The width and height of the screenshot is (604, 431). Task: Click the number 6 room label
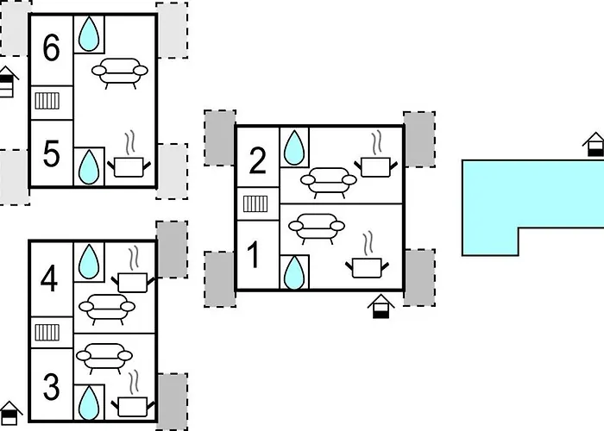[51, 47]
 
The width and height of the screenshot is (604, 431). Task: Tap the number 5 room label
[51, 154]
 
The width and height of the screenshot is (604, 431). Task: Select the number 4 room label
[49, 279]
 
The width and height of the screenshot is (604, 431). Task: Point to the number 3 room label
[51, 387]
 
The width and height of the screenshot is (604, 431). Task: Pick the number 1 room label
[253, 255]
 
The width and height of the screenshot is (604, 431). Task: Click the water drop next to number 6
[89, 34]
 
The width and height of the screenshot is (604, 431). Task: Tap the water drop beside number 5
[89, 167]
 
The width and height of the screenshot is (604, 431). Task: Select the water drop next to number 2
[294, 147]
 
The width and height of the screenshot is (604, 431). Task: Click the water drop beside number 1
[294, 272]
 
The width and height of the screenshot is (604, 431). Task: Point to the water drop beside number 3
[89, 403]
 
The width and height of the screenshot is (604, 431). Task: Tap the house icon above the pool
[595, 144]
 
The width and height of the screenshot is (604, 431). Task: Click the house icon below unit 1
[381, 307]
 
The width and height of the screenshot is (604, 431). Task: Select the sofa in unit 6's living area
[120, 73]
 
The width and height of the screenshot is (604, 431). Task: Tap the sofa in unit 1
[317, 228]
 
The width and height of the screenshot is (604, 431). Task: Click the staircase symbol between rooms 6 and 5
[47, 101]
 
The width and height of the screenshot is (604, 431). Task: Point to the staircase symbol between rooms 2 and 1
[255, 204]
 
